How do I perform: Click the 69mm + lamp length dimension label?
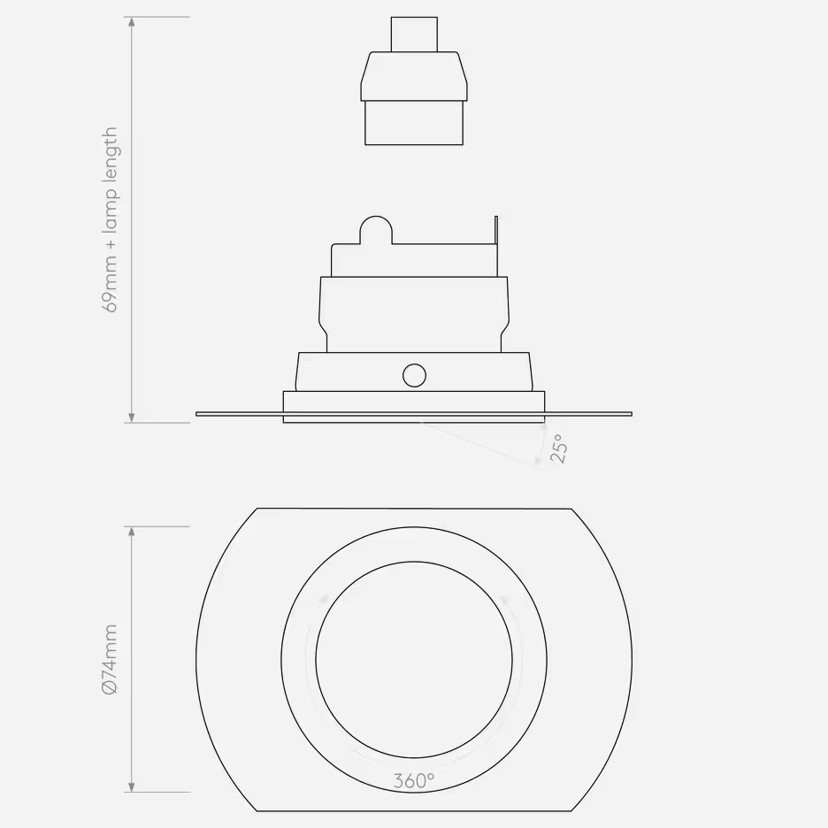click(111, 219)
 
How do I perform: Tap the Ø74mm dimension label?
click(111, 659)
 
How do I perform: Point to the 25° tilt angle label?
click(557, 448)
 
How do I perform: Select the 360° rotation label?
click(414, 781)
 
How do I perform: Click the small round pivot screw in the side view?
click(413, 375)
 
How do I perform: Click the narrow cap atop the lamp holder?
click(414, 34)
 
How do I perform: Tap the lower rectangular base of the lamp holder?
click(414, 122)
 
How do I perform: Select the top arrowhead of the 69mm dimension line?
click(132, 22)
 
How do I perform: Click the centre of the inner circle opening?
click(414, 659)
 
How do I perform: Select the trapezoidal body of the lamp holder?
click(414, 76)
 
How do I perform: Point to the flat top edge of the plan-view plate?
click(414, 509)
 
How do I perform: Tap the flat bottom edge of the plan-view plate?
click(414, 810)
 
